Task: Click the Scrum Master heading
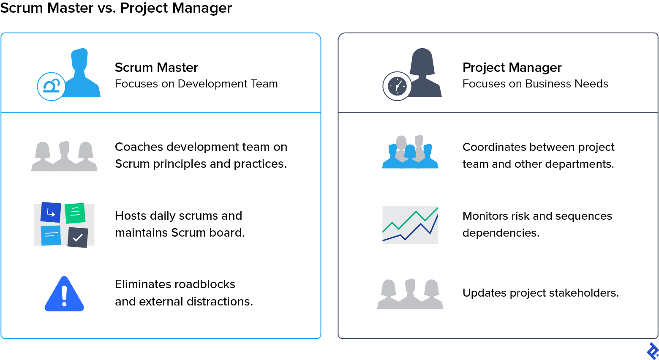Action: (x=156, y=68)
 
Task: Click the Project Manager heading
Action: (x=512, y=68)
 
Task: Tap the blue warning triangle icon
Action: (x=64, y=295)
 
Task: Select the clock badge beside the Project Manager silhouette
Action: (x=397, y=86)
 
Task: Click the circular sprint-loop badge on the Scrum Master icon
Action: (x=52, y=86)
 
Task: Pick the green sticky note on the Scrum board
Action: (x=75, y=213)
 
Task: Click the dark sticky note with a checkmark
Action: (x=78, y=237)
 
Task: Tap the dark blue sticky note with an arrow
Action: (x=51, y=213)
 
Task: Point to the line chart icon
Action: (x=410, y=225)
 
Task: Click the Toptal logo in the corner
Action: (x=653, y=351)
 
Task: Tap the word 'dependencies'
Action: (x=500, y=233)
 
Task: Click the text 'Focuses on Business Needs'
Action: (x=535, y=84)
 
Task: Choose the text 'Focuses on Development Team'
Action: (x=196, y=84)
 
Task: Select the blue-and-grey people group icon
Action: (x=410, y=153)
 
